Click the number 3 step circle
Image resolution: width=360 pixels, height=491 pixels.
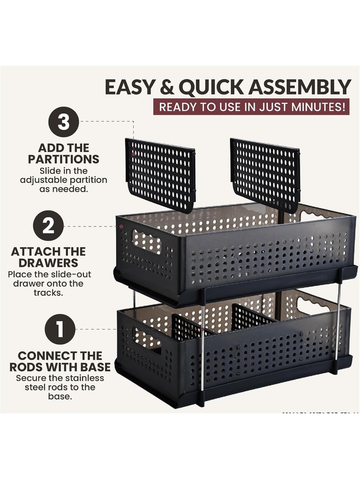pos(63,122)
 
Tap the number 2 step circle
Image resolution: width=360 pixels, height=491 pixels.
pos(48,225)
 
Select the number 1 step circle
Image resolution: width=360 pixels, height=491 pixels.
pos(60,329)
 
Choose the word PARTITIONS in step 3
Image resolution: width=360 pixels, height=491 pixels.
pos(63,159)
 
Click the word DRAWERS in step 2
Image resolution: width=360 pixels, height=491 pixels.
pos(48,263)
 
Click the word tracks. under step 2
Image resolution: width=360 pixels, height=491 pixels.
pos(48,293)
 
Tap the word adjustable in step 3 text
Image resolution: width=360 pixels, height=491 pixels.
pos(44,180)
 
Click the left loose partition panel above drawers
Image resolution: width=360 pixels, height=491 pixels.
pos(160,175)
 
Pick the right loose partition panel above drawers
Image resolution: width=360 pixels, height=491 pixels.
pos(265,175)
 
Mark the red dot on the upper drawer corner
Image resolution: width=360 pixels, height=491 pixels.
pos(121,226)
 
